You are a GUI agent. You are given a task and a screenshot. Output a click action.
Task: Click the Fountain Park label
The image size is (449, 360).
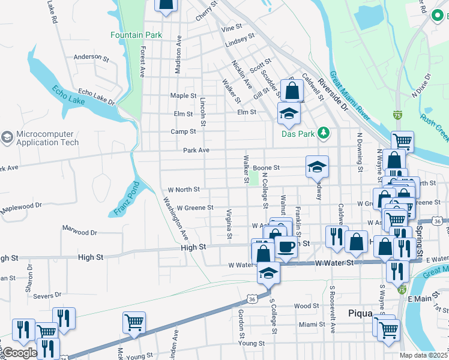coord(136,35)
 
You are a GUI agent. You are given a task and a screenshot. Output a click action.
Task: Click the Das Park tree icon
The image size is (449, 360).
coord(324,133)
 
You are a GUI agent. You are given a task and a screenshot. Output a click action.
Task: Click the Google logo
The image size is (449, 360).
coord(20,353)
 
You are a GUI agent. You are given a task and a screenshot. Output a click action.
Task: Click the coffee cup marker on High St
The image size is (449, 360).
coord(286,247)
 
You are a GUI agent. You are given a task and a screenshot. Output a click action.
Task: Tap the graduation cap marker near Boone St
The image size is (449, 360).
coord(317,167)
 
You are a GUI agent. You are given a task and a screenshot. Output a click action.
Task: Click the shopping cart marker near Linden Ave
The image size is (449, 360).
coord(134,322)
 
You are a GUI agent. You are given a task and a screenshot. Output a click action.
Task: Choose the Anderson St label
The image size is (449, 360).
coord(91,58)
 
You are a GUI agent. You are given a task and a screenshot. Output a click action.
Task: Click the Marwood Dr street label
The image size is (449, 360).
coord(80,232)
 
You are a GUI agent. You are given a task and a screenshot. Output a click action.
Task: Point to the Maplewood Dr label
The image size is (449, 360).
coord(22,205)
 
